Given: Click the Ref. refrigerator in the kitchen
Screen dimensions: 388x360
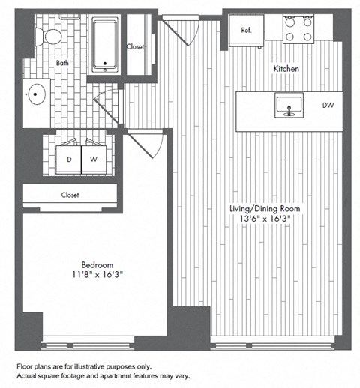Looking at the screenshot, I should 246,31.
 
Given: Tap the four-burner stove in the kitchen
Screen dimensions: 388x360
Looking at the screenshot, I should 298,28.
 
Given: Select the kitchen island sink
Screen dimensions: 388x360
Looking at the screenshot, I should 286,108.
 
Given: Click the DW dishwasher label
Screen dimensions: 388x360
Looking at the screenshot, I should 328,106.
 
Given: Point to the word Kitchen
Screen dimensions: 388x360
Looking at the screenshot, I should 286,69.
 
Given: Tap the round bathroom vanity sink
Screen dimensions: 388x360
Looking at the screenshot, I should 37,95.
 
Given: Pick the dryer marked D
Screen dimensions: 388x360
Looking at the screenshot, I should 69,159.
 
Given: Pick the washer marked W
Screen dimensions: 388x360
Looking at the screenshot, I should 94,159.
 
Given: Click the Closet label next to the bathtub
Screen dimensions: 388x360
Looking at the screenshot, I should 136,46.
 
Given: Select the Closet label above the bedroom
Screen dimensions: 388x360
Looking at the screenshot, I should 70,195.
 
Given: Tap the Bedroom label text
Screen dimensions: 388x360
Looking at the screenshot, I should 97,265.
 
